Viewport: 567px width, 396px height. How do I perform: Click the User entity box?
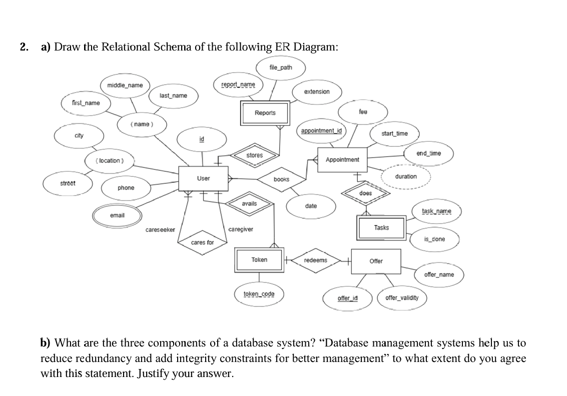click(203, 178)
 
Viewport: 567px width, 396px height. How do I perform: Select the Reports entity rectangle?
click(265, 113)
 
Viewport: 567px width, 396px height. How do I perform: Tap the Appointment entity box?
click(342, 159)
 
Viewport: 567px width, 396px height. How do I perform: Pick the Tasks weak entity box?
click(381, 228)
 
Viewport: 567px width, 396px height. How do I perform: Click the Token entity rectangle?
click(259, 260)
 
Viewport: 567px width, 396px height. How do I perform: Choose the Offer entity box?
click(376, 261)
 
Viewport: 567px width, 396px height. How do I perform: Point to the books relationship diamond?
click(281, 179)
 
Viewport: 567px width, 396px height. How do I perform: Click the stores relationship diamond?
click(255, 155)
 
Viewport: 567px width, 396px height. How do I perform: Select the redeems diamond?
click(315, 260)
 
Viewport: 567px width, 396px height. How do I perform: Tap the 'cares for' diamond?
click(202, 242)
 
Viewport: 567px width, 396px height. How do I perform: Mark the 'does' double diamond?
click(366, 193)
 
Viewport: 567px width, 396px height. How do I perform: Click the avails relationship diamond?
click(249, 203)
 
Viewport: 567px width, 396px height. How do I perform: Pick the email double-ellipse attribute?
click(117, 215)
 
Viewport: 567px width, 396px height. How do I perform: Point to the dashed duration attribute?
click(405, 176)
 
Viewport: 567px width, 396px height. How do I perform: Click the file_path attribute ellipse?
click(280, 67)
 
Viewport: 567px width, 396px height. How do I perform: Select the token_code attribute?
click(259, 293)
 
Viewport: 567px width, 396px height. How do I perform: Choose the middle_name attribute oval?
click(125, 85)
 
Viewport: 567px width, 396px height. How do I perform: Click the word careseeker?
click(160, 230)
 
